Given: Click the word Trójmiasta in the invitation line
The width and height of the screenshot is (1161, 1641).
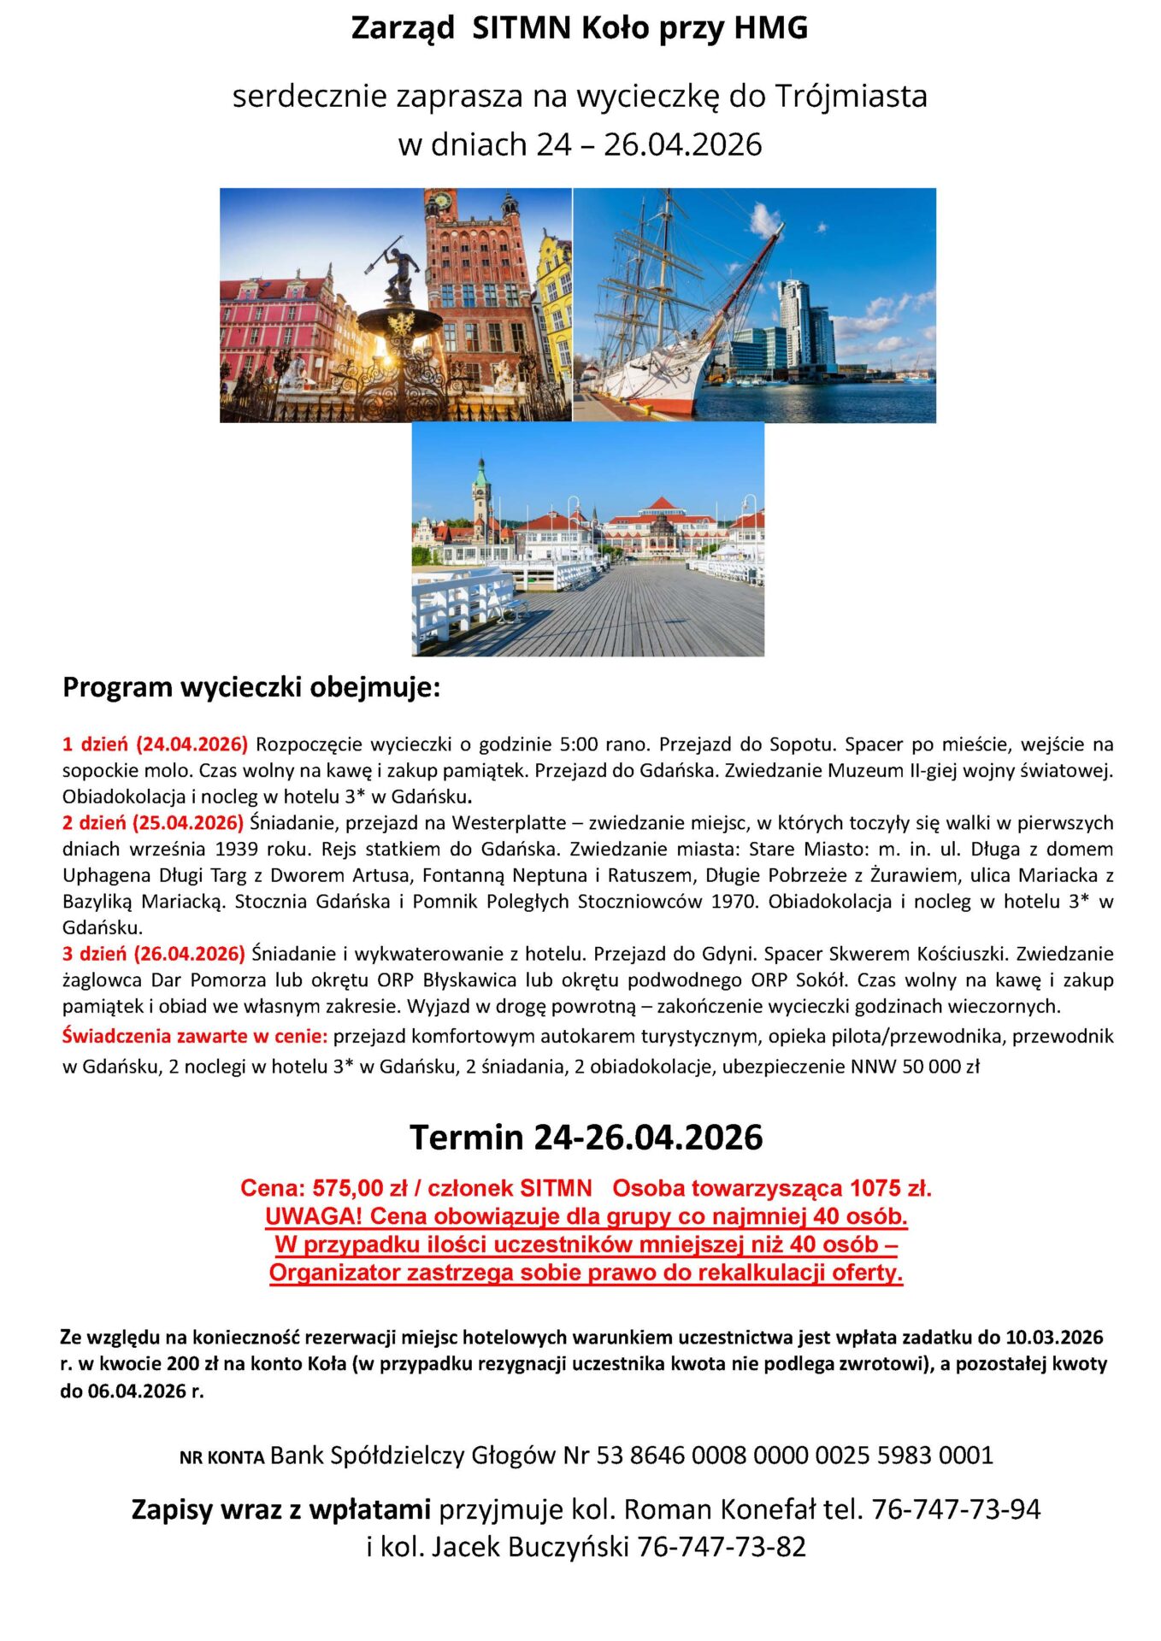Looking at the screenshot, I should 851,96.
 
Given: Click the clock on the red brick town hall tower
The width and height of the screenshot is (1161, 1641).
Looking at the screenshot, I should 442,201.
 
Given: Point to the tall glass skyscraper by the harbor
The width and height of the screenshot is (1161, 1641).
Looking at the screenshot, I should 795,325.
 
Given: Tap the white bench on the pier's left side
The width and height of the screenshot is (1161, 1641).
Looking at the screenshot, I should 466,603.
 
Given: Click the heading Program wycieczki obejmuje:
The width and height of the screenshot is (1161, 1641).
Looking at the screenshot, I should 251,687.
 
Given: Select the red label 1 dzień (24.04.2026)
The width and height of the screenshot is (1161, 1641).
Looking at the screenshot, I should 155,744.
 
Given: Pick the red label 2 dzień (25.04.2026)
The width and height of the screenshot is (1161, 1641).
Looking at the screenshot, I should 153,822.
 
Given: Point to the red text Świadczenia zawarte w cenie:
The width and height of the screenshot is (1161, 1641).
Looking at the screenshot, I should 195,1036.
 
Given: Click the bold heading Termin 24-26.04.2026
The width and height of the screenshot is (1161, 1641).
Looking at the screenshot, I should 586,1138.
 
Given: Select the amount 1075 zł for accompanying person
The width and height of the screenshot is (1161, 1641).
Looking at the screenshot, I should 890,1188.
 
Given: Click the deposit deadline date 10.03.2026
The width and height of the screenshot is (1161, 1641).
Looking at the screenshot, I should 1054,1337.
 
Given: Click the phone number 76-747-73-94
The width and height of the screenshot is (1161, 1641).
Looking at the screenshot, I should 956,1509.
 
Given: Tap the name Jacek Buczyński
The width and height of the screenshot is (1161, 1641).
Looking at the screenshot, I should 530,1546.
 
